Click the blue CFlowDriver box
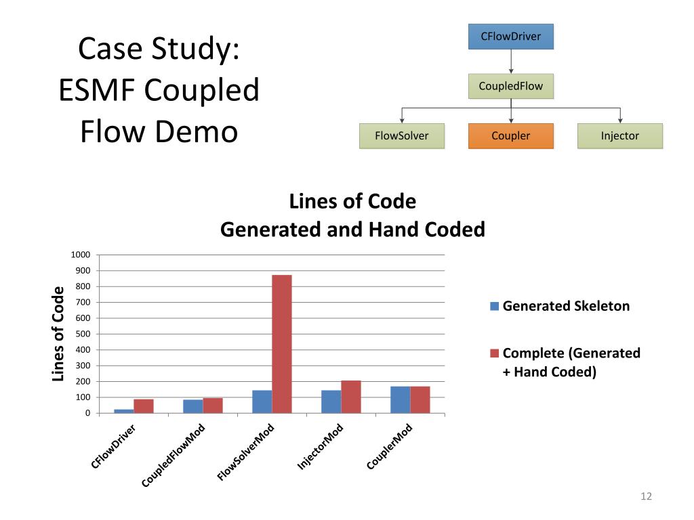tap(511, 37)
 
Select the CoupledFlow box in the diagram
tap(511, 86)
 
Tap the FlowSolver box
tap(402, 135)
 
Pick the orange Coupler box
tap(511, 135)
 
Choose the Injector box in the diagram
tap(619, 135)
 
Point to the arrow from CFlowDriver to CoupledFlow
tap(511, 62)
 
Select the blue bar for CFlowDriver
tap(124, 410)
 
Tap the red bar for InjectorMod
tap(351, 396)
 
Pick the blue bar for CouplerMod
tap(400, 399)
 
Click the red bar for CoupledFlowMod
tap(213, 405)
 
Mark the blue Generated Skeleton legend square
tap(495, 306)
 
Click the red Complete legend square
tap(495, 353)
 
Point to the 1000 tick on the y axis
tap(81, 255)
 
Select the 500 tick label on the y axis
tap(82, 334)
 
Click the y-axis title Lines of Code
tap(58, 333)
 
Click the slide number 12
tap(645, 497)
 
